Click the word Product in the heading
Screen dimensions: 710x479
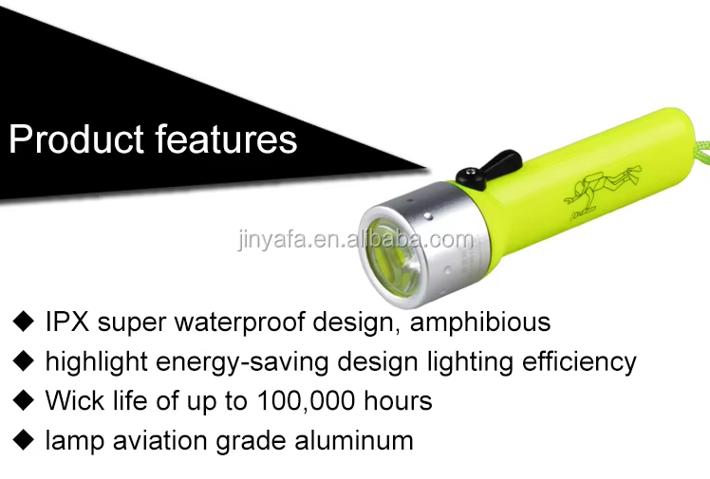(76, 138)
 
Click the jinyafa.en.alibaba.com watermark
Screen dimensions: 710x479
(356, 239)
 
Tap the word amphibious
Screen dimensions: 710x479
(480, 322)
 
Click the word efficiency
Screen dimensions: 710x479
(579, 361)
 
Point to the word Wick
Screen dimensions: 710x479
(74, 400)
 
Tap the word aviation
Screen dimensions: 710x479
(160, 440)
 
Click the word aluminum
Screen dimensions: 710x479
(354, 440)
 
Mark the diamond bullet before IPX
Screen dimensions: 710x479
(24, 322)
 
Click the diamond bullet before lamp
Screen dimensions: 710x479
(24, 440)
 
